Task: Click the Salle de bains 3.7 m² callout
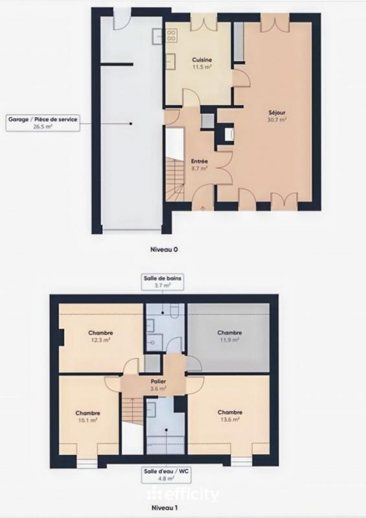[x=163, y=282]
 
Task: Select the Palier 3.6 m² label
[x=158, y=385]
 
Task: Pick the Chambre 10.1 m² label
[x=86, y=416]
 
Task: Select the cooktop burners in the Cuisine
[x=158, y=36]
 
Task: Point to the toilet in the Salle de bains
[x=176, y=313]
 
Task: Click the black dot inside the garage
[x=130, y=123]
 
